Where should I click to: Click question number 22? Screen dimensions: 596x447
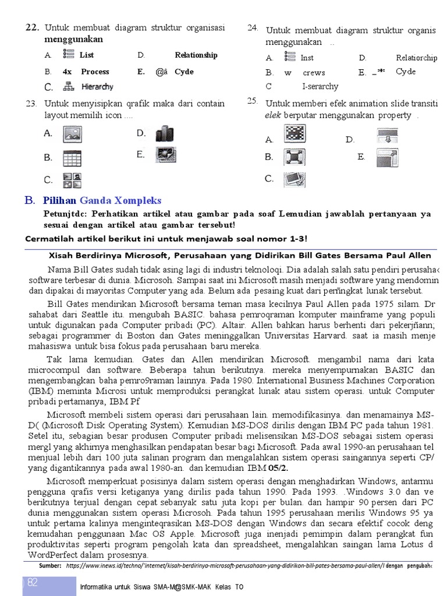click(x=31, y=27)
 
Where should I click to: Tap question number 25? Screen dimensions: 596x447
click(x=252, y=101)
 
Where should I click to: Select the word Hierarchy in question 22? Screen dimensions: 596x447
click(x=97, y=87)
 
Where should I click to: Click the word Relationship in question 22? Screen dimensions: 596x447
click(x=196, y=55)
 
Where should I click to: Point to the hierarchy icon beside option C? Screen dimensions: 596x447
click(x=69, y=87)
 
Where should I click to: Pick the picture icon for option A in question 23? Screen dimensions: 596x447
click(x=73, y=134)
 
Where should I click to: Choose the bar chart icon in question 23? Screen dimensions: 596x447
click(x=165, y=133)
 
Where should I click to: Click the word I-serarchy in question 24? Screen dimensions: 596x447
click(x=320, y=87)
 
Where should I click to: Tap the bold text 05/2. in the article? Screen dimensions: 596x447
click(x=278, y=468)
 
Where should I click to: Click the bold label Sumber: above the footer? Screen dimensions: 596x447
click(x=49, y=566)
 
